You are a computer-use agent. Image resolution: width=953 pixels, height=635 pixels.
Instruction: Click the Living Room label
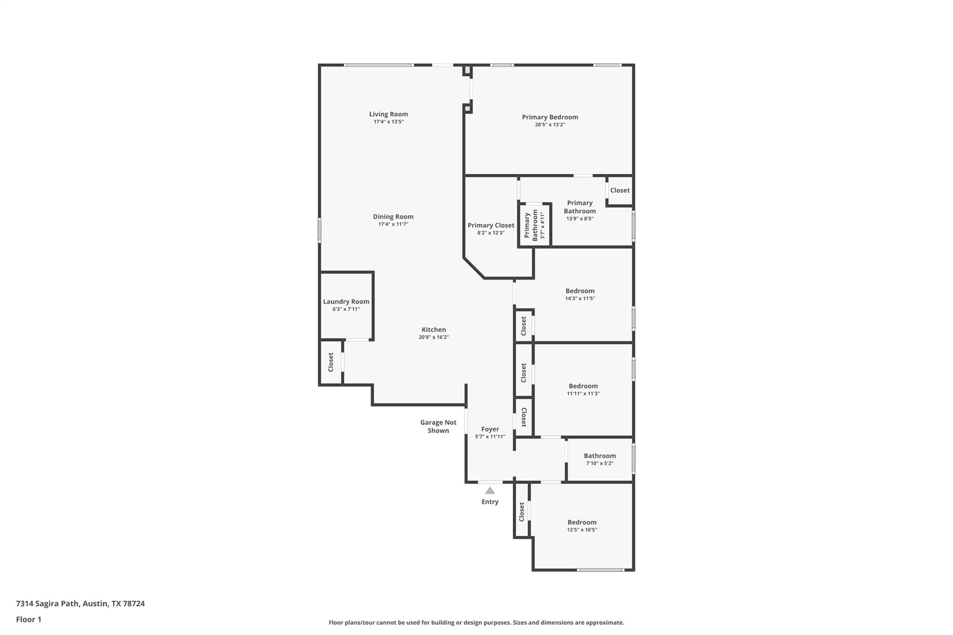click(388, 114)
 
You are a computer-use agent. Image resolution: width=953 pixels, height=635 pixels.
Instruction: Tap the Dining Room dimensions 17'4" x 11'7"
click(393, 224)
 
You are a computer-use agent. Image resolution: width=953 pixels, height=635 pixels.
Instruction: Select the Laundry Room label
click(346, 301)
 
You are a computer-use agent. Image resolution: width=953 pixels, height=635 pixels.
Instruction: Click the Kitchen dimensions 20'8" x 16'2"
click(433, 337)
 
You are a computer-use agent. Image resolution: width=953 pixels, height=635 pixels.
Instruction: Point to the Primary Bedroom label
click(550, 117)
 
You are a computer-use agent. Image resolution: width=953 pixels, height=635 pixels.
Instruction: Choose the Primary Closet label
click(491, 225)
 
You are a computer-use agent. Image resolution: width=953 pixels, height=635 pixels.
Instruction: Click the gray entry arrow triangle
click(490, 490)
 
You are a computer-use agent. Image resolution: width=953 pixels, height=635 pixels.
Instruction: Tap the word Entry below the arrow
click(490, 501)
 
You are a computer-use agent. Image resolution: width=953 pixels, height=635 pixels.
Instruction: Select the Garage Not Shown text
click(438, 426)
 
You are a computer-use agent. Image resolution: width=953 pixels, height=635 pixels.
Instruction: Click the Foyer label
click(490, 429)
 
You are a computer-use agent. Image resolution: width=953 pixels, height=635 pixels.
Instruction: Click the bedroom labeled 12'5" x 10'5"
click(582, 526)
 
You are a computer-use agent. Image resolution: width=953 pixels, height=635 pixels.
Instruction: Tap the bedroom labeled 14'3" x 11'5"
click(580, 294)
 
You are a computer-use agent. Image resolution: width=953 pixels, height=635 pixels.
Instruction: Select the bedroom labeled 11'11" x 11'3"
click(583, 389)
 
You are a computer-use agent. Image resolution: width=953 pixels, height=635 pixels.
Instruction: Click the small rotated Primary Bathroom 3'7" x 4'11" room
click(534, 225)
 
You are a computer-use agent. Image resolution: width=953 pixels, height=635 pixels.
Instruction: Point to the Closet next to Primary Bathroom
click(619, 190)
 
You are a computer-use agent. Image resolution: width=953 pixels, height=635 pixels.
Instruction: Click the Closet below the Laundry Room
click(331, 362)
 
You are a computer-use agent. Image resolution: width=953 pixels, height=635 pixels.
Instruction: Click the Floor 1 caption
click(28, 619)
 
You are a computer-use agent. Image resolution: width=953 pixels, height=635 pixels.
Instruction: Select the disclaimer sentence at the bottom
click(476, 622)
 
